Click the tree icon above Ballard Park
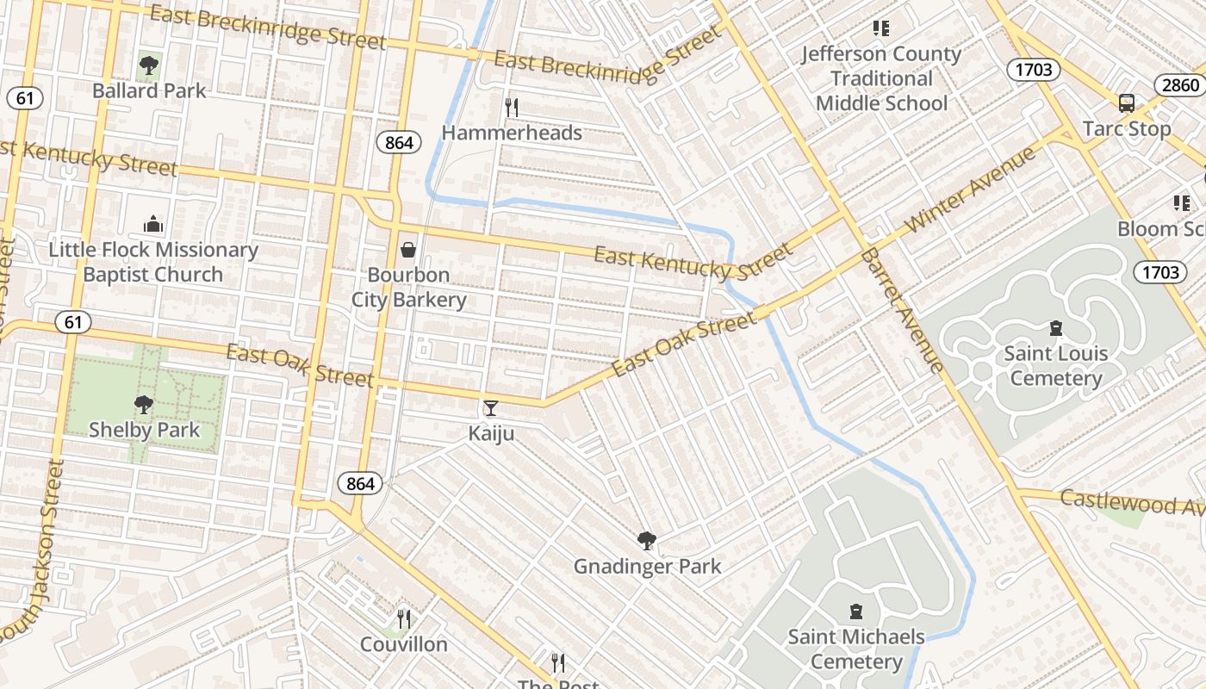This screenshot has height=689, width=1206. pyautogui.click(x=149, y=65)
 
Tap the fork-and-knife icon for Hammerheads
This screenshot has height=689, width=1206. pyautogui.click(x=512, y=107)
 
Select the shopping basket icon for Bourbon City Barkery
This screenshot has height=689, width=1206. pyautogui.click(x=408, y=250)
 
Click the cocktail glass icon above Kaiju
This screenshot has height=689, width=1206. pyautogui.click(x=491, y=407)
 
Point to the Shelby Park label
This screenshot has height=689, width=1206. pyautogui.click(x=144, y=430)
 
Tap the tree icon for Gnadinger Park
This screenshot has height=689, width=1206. pyautogui.click(x=646, y=541)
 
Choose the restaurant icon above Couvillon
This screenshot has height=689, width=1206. pyautogui.click(x=403, y=618)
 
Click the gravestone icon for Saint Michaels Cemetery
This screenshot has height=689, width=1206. pyautogui.click(x=855, y=611)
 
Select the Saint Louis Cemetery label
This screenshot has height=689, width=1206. pyautogui.click(x=1055, y=366)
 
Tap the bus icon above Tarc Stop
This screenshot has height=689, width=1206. pyautogui.click(x=1126, y=103)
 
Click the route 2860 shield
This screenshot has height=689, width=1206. pyautogui.click(x=1179, y=84)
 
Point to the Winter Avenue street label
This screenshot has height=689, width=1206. pyautogui.click(x=972, y=191)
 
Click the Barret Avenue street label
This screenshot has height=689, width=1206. pyautogui.click(x=901, y=311)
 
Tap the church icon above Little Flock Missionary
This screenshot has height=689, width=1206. pyautogui.click(x=153, y=224)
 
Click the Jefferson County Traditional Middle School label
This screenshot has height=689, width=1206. pyautogui.click(x=880, y=78)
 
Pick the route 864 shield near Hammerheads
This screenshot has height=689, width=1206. pyautogui.click(x=399, y=143)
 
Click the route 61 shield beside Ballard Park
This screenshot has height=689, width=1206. pyautogui.click(x=24, y=98)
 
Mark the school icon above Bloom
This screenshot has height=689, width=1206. pyautogui.click(x=1181, y=203)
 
